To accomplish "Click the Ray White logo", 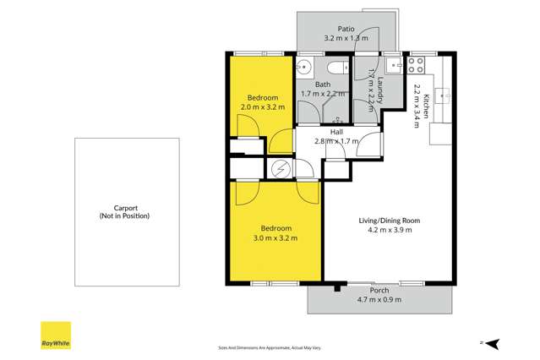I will pyautogui.click(x=57, y=335).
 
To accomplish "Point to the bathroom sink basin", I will pyautogui.click(x=308, y=68).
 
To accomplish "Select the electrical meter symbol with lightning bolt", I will pyautogui.click(x=281, y=168).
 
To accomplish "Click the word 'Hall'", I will pyautogui.click(x=336, y=132).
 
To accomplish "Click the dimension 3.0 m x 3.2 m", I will pyautogui.click(x=275, y=239).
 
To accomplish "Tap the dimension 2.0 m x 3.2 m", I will pyautogui.click(x=263, y=107).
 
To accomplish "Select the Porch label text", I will pyautogui.click(x=367, y=290).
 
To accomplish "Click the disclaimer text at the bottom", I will pyautogui.click(x=270, y=346).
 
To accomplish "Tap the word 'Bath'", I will pyautogui.click(x=323, y=85).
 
